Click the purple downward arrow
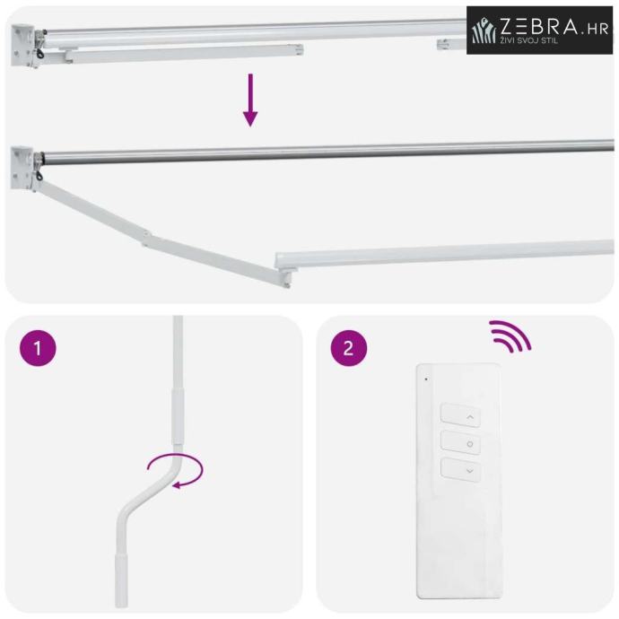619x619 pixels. tap(250, 100)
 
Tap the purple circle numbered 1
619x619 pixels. tap(38, 348)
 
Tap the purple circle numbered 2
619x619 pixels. tap(349, 348)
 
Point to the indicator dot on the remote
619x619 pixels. tap(426, 379)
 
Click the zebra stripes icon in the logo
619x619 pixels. tap(484, 30)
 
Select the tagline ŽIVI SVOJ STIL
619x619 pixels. tap(529, 40)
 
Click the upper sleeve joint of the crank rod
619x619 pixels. tap(178, 416)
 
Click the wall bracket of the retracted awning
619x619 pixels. tap(23, 46)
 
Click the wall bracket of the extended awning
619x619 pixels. tap(23, 169)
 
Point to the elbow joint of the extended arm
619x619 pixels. tap(147, 239)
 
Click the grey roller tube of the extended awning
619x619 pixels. tap(328, 151)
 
